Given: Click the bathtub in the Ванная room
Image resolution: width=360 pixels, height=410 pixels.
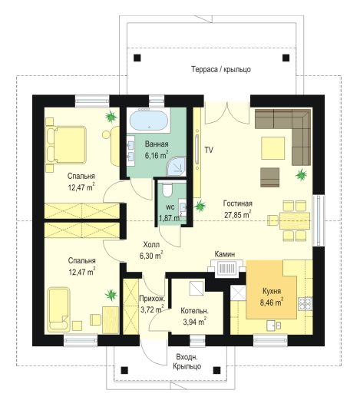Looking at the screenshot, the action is (149, 121).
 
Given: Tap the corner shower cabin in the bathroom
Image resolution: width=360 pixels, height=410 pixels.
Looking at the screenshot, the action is (177, 167).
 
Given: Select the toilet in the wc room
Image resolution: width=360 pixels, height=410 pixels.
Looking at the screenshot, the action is (167, 190).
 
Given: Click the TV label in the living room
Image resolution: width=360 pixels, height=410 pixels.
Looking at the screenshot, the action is (209, 150).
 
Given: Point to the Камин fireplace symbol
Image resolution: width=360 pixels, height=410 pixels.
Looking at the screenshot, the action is (226, 268).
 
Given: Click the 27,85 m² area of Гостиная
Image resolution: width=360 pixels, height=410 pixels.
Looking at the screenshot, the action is (238, 215).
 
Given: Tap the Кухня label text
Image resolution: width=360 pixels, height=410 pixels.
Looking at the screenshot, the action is (272, 291).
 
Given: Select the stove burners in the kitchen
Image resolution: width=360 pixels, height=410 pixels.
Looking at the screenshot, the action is (306, 303).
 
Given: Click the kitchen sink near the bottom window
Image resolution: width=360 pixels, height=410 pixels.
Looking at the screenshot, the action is (274, 326).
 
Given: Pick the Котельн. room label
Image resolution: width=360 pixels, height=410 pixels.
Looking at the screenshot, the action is (194, 311).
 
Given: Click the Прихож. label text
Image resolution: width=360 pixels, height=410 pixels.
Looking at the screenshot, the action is (152, 299).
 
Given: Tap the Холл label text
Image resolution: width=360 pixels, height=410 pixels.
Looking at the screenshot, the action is (151, 245).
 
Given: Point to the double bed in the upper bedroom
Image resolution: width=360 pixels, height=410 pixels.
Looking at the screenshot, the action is (67, 145).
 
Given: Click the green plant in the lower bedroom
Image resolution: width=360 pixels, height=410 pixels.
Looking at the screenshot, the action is (111, 295).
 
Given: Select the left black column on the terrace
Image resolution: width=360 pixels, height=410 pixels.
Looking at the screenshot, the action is (137, 58).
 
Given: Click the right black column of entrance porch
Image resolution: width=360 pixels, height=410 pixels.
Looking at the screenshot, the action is (216, 370).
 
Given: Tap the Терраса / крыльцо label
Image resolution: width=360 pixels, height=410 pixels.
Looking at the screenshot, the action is (221, 70).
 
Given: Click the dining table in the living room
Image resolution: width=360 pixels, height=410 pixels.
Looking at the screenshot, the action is (295, 221).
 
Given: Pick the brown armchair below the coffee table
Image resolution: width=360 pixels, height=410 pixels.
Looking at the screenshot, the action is (269, 177).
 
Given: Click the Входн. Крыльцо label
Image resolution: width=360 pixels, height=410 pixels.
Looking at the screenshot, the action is (187, 362).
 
